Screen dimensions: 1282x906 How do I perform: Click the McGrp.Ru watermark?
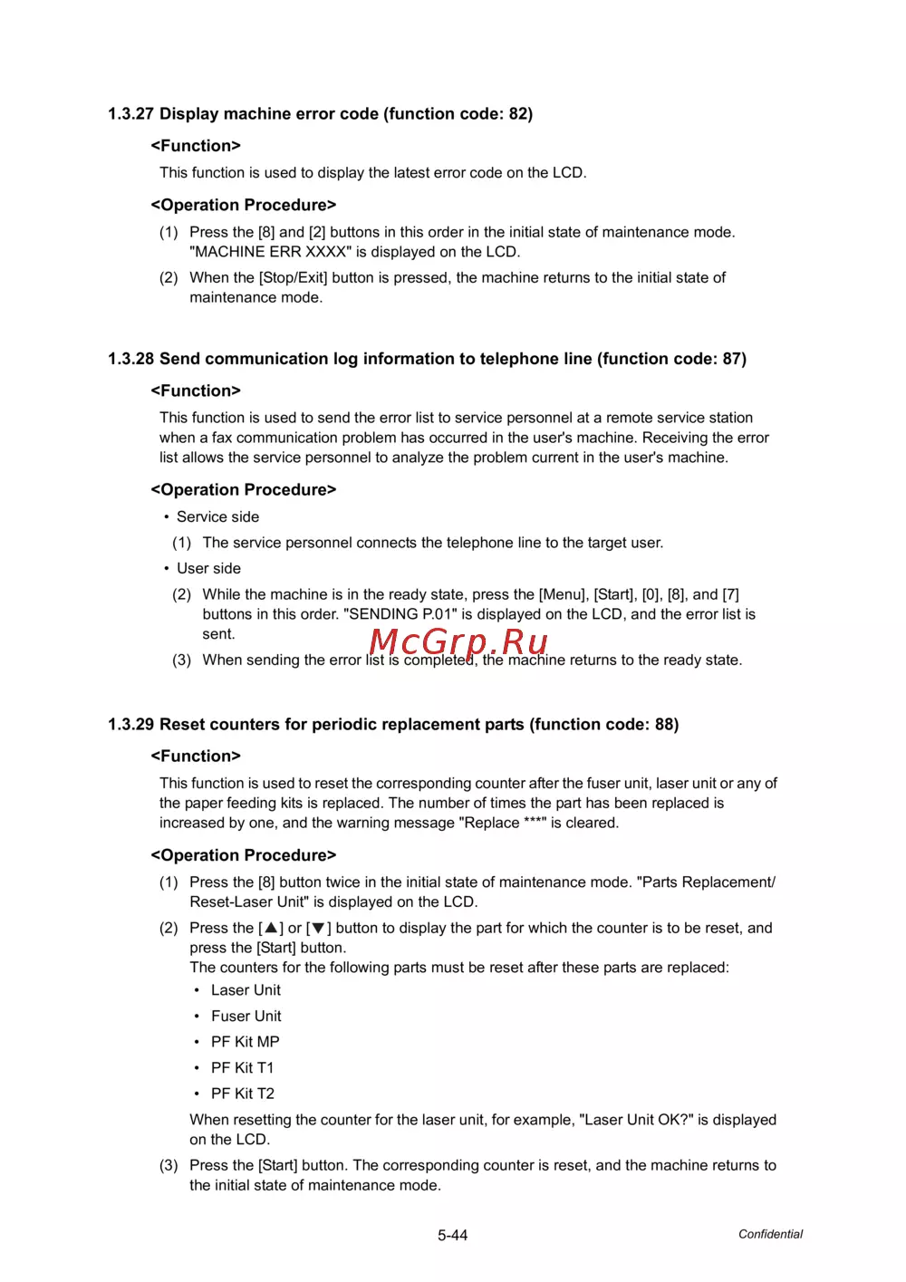(x=458, y=641)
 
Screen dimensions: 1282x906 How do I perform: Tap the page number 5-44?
(x=452, y=1235)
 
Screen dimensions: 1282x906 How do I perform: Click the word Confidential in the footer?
(x=770, y=1234)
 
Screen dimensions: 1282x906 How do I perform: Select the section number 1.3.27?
(x=130, y=114)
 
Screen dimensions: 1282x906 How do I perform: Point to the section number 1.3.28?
(x=130, y=359)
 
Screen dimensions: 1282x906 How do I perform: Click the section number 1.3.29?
(x=130, y=725)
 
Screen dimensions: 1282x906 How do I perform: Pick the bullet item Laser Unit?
(x=246, y=990)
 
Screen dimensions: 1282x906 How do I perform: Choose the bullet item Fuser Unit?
(x=246, y=1017)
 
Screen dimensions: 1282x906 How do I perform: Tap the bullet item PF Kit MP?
(x=245, y=1042)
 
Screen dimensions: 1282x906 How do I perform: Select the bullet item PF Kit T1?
(x=242, y=1068)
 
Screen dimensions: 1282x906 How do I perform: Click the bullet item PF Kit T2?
(x=242, y=1094)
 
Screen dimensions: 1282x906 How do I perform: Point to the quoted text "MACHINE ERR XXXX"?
(x=270, y=252)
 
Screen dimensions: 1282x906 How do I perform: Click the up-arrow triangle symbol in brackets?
(x=271, y=928)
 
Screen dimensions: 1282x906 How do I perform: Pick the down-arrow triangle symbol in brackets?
(x=319, y=928)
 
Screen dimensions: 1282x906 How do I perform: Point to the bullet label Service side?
(x=217, y=516)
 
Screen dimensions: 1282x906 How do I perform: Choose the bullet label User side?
(x=208, y=568)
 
